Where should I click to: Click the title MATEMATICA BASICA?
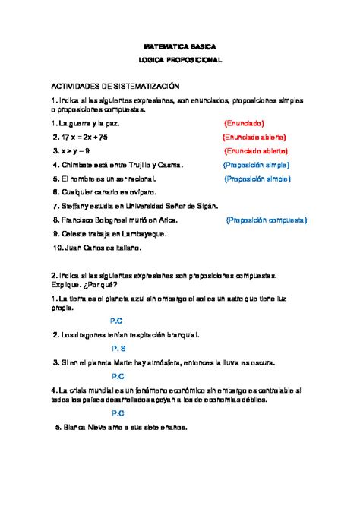tap(181, 45)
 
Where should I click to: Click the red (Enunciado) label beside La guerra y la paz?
tap(244, 122)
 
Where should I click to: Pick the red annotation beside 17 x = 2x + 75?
tap(254, 137)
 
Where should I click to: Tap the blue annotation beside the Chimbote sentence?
tap(257, 165)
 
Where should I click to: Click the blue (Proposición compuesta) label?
tap(267, 220)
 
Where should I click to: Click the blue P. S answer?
tap(118, 348)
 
